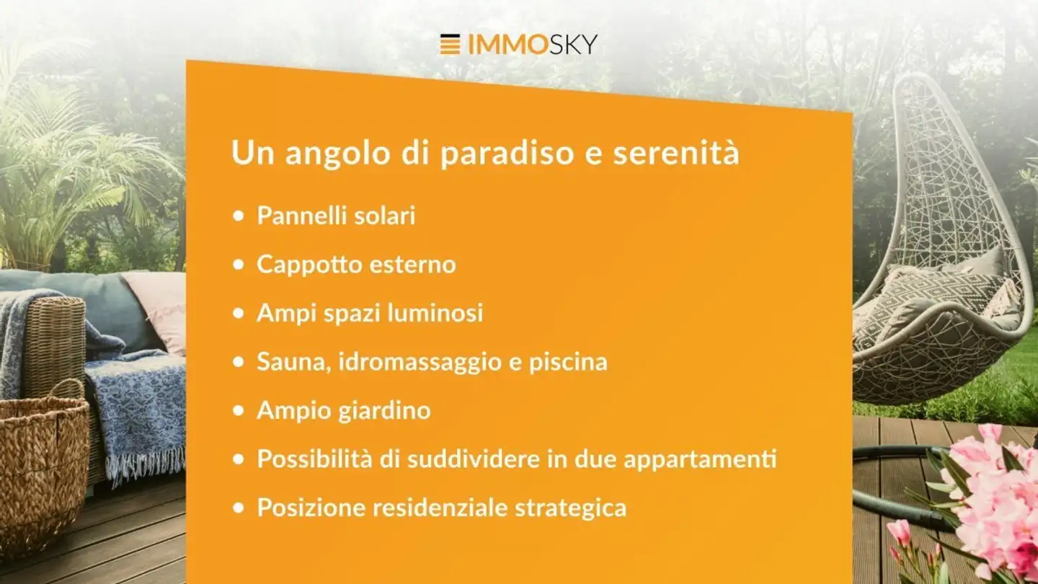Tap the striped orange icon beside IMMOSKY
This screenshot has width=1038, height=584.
pyautogui.click(x=450, y=45)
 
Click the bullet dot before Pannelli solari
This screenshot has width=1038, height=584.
pyautogui.click(x=239, y=216)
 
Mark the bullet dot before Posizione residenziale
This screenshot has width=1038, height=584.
pyautogui.click(x=239, y=508)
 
